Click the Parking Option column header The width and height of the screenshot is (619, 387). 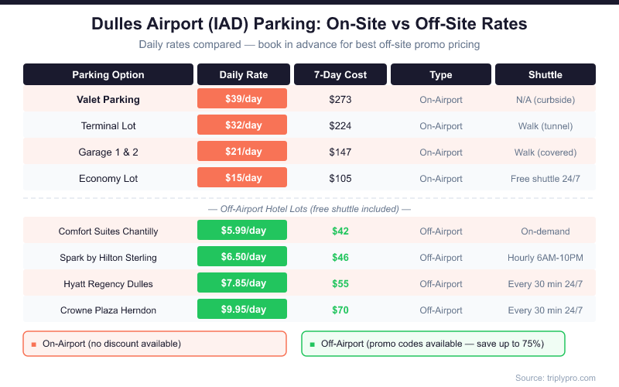coord(108,75)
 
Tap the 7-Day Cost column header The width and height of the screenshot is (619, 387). coord(340,75)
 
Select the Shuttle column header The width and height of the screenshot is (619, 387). coord(545,75)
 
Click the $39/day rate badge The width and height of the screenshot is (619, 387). coord(242,99)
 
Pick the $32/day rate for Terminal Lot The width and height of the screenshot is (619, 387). coord(242,125)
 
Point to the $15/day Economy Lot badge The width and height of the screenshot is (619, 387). coord(242,178)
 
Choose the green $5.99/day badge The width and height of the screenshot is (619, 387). coord(242,231)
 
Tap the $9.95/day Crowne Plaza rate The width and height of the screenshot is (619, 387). coord(242,310)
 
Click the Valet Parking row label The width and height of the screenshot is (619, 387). coord(108,99)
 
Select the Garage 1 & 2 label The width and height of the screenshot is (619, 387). coord(108,152)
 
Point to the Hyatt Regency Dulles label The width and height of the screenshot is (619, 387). coord(108,283)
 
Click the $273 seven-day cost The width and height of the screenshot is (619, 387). coord(340,99)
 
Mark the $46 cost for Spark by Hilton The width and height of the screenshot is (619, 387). coord(340,257)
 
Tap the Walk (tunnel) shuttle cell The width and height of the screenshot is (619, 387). coord(545,125)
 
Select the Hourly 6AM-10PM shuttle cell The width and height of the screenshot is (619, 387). coord(545,257)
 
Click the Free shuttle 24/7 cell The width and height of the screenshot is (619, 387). coord(545,178)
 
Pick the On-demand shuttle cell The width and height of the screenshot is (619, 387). coord(545,231)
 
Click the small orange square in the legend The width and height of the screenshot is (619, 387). coord(33,344)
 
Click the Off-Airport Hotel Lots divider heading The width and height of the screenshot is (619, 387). coord(309,209)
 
